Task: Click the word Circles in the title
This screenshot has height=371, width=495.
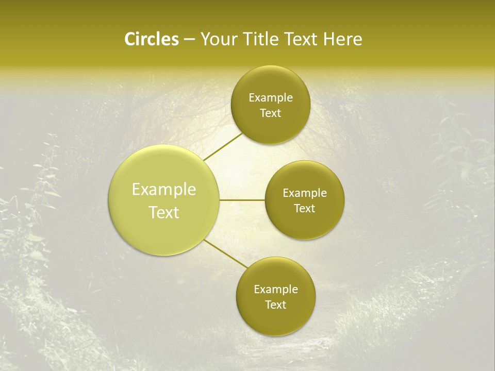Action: click(x=151, y=39)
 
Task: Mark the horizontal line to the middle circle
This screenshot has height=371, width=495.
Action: click(x=242, y=200)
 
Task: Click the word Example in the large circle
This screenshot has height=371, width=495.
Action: click(x=164, y=190)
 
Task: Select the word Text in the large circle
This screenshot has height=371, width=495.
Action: click(x=164, y=212)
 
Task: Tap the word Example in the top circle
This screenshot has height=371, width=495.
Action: click(x=271, y=98)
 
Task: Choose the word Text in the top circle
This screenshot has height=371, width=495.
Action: click(x=271, y=113)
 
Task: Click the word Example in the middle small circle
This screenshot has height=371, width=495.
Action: click(x=305, y=193)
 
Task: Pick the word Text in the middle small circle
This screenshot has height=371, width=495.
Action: click(x=305, y=208)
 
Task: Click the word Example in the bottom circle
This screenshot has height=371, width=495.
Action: click(x=276, y=290)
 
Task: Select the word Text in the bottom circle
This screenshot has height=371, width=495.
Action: click(x=276, y=305)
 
